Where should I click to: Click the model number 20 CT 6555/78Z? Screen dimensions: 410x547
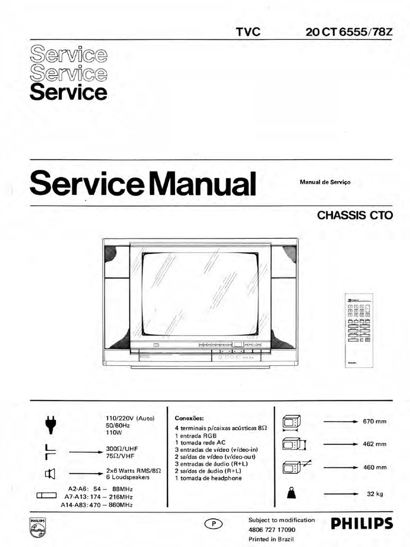pos(349,32)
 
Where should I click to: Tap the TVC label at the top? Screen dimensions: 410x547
pos(248,32)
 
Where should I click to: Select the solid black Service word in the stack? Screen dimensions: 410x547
pos(68,92)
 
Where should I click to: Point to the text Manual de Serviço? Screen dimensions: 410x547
pos(325,182)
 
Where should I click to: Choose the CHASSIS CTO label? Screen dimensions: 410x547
pos(355,216)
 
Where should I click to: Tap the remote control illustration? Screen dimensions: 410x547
pos(359,331)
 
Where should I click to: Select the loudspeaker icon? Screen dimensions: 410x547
pos(49,472)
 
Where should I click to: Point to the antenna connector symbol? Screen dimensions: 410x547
pos(49,451)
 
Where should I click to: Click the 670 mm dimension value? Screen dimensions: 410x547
pos(374,422)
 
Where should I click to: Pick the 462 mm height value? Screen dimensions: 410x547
pos(374,444)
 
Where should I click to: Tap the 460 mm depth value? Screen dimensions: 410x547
pos(374,467)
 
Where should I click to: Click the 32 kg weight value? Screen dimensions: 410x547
pos(375,494)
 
